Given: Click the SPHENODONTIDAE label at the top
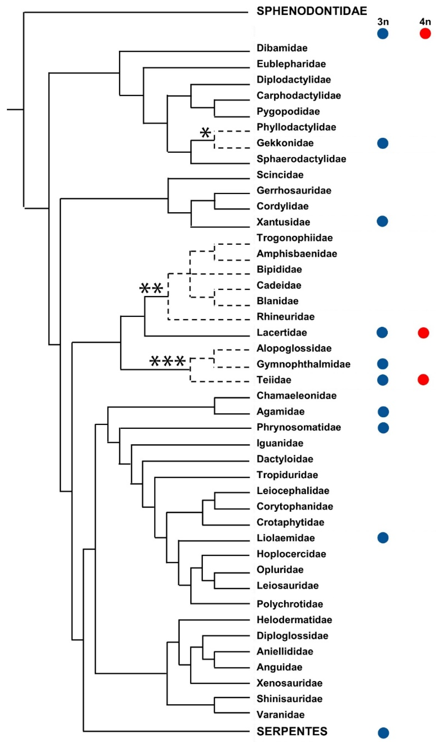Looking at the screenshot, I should [312, 11].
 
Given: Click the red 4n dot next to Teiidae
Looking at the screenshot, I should [423, 380].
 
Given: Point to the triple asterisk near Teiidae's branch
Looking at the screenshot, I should [167, 361].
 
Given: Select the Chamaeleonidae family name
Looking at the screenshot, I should [296, 395].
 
